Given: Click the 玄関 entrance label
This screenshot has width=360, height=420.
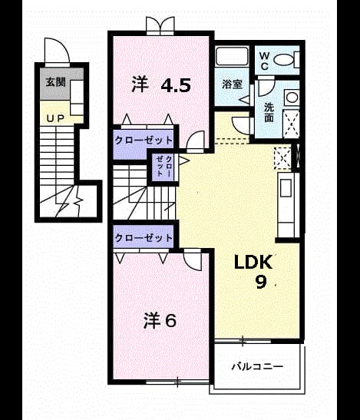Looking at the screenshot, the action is (x=56, y=82).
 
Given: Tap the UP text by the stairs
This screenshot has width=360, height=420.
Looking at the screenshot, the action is (x=55, y=118).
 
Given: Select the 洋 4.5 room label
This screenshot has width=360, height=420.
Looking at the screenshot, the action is (x=161, y=84).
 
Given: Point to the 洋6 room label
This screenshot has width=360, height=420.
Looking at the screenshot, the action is (x=160, y=321).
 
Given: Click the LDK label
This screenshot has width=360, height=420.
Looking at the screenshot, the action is (x=253, y=263).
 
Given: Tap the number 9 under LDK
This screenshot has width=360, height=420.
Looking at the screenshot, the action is (x=261, y=282).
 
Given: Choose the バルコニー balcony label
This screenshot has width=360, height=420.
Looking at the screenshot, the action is (x=257, y=366).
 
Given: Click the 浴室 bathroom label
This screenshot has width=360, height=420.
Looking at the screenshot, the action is (x=233, y=84).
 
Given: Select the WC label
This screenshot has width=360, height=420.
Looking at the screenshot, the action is (x=264, y=61).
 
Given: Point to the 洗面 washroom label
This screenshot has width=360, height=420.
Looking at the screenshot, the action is (x=269, y=113).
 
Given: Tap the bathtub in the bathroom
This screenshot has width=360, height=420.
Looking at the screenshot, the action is (x=233, y=56).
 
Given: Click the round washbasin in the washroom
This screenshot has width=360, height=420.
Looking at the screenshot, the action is (x=292, y=97).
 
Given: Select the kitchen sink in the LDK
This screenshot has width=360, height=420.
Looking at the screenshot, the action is (x=286, y=188).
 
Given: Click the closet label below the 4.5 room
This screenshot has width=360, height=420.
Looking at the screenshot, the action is (x=144, y=140).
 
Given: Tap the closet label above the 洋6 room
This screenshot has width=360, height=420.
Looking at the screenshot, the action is (x=144, y=237).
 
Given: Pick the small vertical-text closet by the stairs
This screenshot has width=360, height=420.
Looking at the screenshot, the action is (x=163, y=166).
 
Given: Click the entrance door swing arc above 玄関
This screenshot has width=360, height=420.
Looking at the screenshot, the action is (x=57, y=51).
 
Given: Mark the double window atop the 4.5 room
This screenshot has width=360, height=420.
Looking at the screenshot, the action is (x=160, y=25).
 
